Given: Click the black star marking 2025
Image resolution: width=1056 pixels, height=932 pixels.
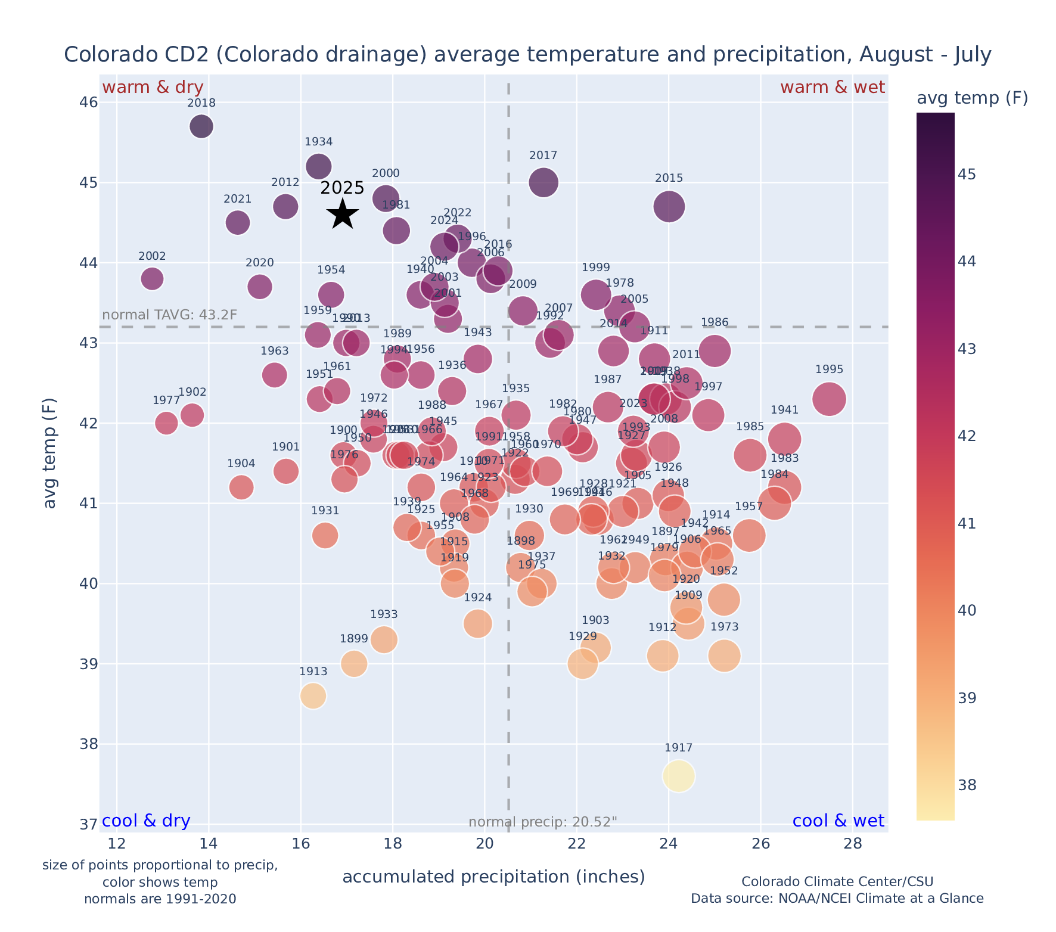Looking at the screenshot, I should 343,214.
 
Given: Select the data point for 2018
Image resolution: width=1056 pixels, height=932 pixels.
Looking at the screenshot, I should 201,126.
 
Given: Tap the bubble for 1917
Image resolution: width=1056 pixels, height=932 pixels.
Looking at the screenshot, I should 678,776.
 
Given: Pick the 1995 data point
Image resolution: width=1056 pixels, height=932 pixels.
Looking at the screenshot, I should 828,399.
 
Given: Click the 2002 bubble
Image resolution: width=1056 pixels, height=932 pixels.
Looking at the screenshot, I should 152,278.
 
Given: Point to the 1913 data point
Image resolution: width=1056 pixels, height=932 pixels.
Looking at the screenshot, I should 313,695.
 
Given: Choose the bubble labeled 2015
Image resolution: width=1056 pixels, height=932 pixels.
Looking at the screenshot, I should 669,207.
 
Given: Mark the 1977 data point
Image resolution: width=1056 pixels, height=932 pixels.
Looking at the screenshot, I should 166,423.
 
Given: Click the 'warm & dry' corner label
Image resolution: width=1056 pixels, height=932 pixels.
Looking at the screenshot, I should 153,88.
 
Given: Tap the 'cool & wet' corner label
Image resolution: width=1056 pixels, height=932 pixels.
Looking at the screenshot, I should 838,821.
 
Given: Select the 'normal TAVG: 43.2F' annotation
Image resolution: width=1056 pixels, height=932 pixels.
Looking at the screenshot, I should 170,315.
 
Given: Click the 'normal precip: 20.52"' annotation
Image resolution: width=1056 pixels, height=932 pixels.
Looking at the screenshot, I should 542,822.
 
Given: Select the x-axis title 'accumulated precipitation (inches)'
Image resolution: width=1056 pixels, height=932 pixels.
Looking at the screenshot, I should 493,877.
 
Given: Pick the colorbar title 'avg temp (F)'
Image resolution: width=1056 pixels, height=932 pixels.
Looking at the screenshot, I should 972,98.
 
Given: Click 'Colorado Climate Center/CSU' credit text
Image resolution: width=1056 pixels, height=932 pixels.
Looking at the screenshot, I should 837,881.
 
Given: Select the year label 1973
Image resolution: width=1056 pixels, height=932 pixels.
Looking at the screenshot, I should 724,627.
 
